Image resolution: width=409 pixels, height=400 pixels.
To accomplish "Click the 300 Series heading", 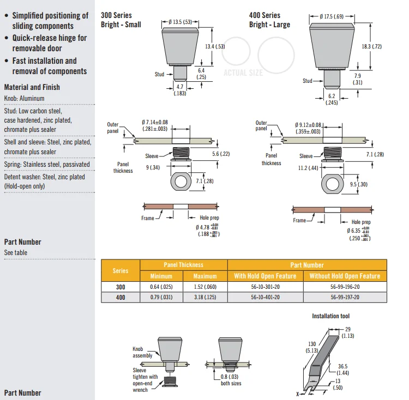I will coord(116,15).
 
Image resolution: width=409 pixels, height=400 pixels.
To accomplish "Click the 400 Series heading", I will coord(264,15).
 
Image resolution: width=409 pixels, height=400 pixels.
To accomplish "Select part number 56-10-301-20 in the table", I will coord(265,287).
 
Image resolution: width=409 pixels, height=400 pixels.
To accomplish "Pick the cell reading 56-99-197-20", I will coord(345,297).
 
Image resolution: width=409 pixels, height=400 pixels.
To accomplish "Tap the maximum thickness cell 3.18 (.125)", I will coord(205,297).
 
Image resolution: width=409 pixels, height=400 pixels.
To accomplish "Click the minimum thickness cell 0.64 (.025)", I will coord(161,287).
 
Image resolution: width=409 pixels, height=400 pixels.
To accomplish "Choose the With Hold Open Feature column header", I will coord(265,276).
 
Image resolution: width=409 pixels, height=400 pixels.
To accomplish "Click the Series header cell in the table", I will coord(121,270).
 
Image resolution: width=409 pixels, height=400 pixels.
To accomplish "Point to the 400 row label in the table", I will coord(121,297).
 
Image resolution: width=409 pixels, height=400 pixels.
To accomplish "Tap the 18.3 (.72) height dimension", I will coord(372,47).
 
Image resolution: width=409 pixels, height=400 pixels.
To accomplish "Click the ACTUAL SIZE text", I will coord(243,72).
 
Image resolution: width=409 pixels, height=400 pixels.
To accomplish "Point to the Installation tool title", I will coord(330,316).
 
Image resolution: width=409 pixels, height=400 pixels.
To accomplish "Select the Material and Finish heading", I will coord(32,87).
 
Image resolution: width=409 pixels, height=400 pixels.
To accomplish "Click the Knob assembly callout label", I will coord(142,352).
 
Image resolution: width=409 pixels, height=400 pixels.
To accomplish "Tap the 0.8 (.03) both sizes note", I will coord(232,379).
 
